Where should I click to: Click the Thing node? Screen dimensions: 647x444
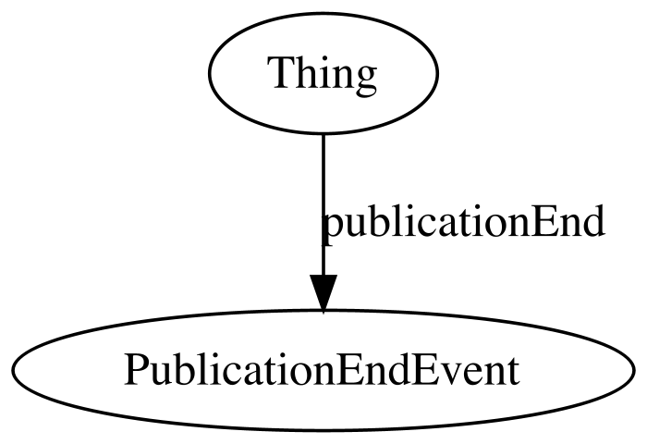click(x=323, y=73)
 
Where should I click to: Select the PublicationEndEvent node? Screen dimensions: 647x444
click(x=323, y=371)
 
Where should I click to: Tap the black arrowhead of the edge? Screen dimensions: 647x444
click(x=323, y=292)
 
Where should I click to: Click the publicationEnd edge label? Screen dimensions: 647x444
click(x=463, y=221)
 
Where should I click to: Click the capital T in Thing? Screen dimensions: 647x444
click(x=281, y=72)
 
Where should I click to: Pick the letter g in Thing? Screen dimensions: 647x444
click(x=364, y=80)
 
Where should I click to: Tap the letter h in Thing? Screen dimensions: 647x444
click(x=305, y=71)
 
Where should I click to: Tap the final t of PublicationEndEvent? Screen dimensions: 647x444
click(x=512, y=373)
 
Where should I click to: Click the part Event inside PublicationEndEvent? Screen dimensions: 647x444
click(x=470, y=370)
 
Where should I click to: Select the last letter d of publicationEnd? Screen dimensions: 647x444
click(x=593, y=220)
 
